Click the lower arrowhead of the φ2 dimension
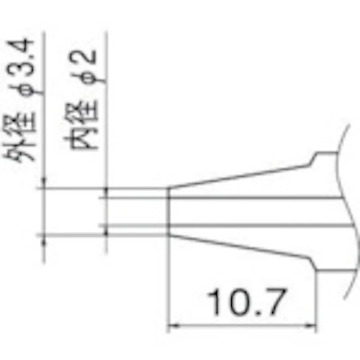pyautogui.click(x=107, y=229)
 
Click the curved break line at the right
pyautogui.click(x=348, y=212)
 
